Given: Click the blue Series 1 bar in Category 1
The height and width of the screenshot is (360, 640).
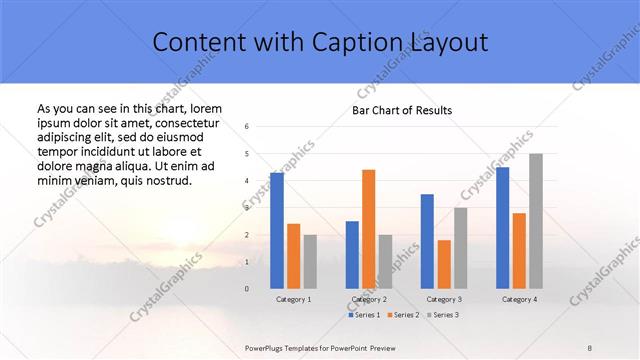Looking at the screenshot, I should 277,230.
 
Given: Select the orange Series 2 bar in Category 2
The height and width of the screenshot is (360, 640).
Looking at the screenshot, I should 369,229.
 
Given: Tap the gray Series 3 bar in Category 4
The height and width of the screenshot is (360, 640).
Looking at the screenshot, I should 536,221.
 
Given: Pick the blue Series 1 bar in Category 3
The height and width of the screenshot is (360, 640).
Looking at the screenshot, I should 427,241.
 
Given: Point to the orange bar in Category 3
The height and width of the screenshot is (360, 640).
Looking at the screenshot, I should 444,264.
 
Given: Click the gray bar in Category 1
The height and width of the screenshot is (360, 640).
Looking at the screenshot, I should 310,261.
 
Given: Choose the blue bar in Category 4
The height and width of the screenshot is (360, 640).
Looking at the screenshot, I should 503,227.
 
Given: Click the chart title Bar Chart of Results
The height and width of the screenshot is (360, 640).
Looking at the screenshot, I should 402,110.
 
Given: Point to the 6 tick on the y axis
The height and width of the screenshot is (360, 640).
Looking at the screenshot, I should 247,127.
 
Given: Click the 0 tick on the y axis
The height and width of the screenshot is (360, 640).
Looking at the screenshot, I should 247,289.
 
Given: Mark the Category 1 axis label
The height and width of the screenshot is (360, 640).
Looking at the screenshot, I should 293,299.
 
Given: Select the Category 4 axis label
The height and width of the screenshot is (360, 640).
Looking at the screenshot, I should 519,299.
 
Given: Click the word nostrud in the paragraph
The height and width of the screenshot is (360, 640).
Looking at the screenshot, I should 159,181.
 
